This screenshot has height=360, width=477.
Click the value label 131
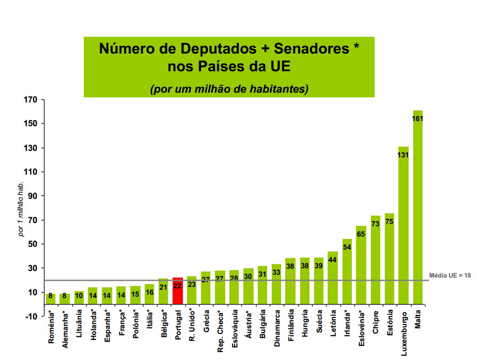pos(403,155)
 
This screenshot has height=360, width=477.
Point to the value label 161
pos(417,119)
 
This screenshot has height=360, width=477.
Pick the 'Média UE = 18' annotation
pos(450,275)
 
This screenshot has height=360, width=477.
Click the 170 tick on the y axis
pos(31,100)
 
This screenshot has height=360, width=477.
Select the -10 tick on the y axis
pos(31,317)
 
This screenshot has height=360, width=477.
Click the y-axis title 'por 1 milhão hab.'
pos(21,209)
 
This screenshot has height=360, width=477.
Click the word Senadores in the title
pos(311,48)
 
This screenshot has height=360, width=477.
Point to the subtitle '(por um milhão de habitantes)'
pos(229,88)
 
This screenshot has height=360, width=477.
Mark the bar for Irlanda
pos(347,275)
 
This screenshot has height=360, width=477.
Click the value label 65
pos(361,234)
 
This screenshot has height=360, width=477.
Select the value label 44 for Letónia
pos(333,260)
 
